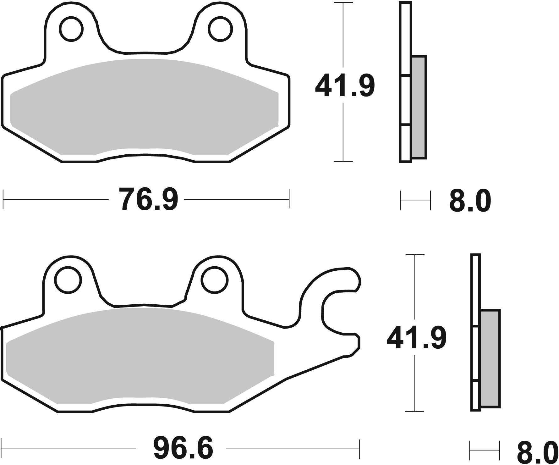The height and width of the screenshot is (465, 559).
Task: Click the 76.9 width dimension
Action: tap(148, 199)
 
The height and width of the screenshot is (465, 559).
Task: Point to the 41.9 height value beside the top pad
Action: tap(345, 86)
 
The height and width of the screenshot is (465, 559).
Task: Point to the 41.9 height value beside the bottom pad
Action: tap(416, 339)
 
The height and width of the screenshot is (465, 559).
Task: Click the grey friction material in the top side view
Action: tap(419, 107)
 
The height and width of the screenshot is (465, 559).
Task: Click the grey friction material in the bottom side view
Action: tap(490, 358)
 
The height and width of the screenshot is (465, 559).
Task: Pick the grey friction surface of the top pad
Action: tap(145, 107)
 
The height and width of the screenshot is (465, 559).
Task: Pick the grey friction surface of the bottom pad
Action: tap(138, 355)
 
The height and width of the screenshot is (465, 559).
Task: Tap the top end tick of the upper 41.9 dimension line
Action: tap(343, 3)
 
